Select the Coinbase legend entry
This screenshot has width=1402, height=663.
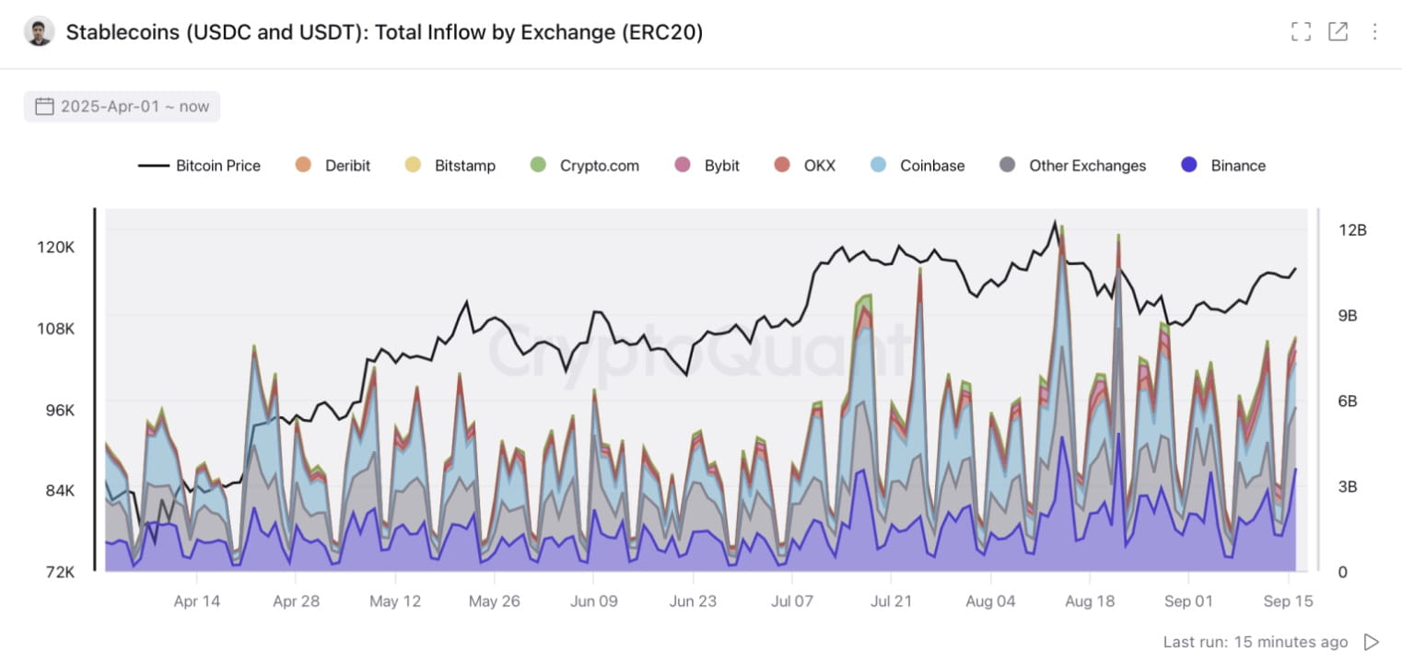[918, 166]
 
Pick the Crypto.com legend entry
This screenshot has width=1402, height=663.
[585, 166]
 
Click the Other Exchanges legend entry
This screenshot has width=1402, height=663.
[1073, 166]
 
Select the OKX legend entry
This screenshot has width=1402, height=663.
[805, 166]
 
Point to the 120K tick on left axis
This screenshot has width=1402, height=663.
[55, 248]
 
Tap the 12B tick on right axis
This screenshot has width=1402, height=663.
[1351, 230]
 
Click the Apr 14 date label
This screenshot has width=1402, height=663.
[197, 601]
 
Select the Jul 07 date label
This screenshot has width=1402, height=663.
[791, 601]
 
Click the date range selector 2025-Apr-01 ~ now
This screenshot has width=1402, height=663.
[123, 107]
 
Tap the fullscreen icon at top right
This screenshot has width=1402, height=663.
[1301, 32]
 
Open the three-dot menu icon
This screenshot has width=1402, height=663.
[1374, 32]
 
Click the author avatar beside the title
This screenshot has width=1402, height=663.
[39, 32]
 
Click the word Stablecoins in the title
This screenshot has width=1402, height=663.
[123, 33]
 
